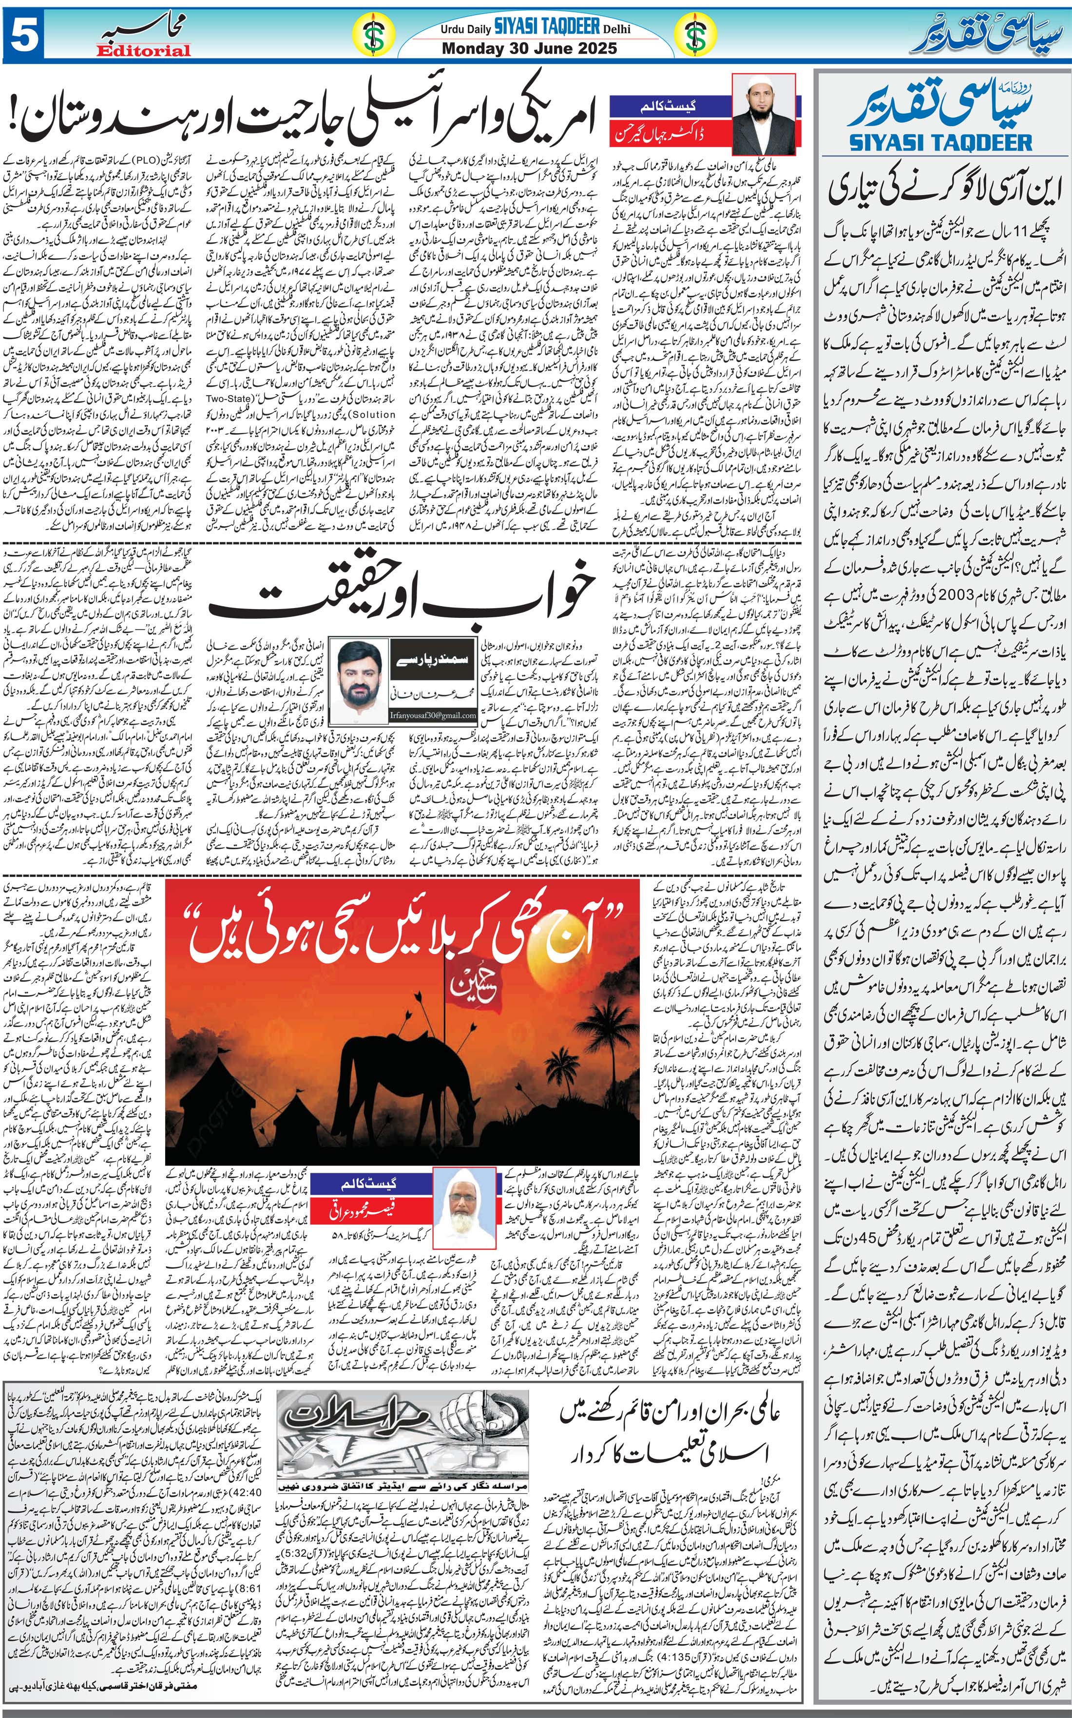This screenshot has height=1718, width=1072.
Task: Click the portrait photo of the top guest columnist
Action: pyautogui.click(x=765, y=114)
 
